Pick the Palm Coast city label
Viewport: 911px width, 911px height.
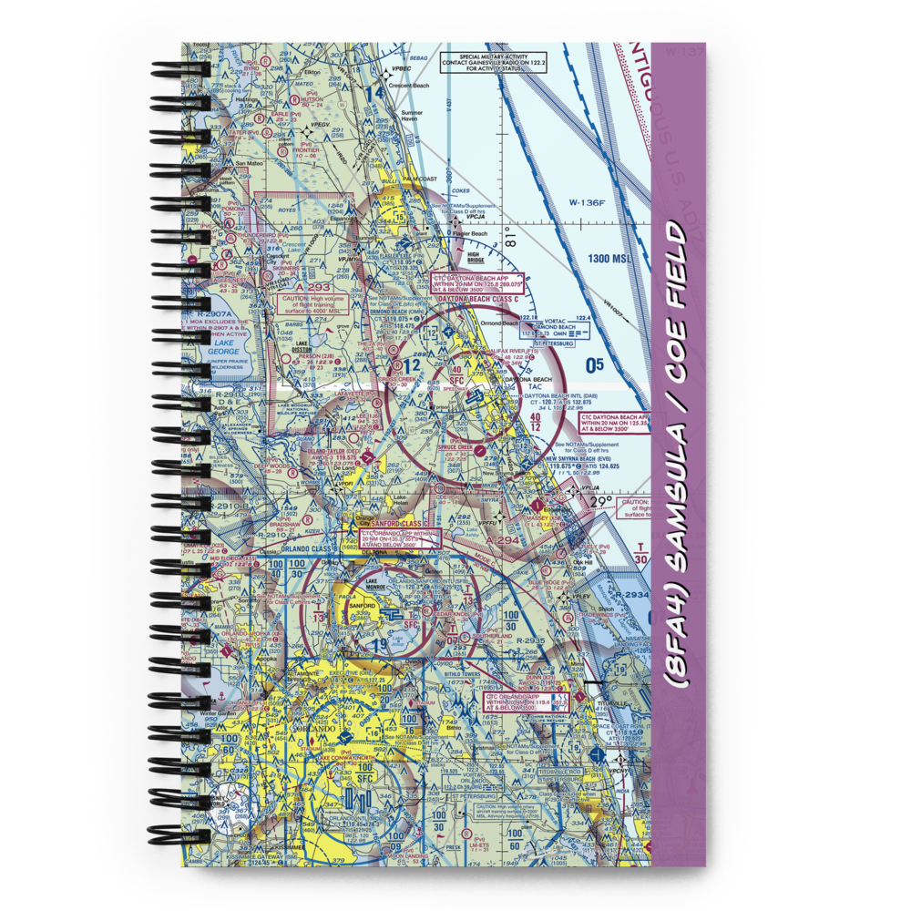tap(421, 179)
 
